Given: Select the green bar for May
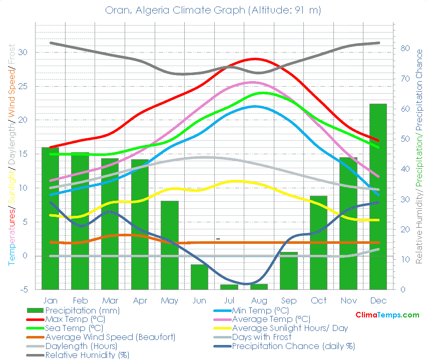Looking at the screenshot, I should pos(170,245).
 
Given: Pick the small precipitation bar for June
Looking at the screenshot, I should pos(199,276).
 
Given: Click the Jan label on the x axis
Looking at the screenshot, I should pos(50,300).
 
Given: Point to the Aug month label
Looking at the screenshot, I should pos(259,300).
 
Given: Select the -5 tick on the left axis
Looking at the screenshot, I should pos(23,289).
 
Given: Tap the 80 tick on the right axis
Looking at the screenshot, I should pos(405,49).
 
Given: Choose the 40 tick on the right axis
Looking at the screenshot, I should pos(405,169).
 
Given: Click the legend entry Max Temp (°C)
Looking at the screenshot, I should pos(75,319).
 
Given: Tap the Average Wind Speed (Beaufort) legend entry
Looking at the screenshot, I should pos(110,337).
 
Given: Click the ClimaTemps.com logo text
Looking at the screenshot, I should pos(387,315).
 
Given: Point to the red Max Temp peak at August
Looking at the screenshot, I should pos(256,59).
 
